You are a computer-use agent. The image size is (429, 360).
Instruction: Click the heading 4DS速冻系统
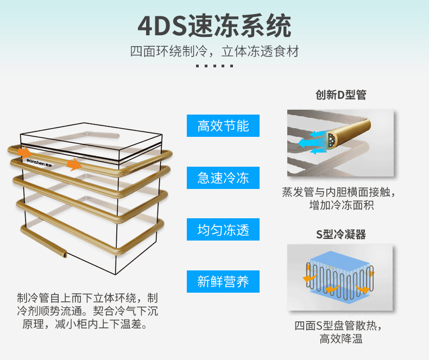tap(214, 26)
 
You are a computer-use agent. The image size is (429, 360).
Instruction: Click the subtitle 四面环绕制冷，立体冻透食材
tap(214, 52)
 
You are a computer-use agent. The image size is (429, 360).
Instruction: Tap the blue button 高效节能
tap(223, 126)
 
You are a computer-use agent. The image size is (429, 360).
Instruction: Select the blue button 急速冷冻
tap(223, 178)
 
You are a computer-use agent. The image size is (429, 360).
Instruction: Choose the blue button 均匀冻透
tap(223, 230)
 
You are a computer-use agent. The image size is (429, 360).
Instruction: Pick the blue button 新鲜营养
tap(223, 281)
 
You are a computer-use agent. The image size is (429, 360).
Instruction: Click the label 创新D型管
tap(341, 95)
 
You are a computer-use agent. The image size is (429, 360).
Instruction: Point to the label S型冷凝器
tap(341, 235)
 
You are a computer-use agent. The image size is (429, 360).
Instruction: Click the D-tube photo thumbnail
tap(340, 143)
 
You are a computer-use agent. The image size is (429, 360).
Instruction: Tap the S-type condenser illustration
tap(340, 277)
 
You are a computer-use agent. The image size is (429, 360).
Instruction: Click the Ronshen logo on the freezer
tap(39, 161)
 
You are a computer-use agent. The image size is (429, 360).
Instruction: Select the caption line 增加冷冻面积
tap(341, 205)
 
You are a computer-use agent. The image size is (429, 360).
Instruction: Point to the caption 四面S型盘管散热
tap(341, 326)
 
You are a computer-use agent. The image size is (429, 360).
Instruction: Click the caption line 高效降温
tap(341, 339)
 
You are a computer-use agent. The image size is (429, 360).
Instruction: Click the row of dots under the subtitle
tap(214, 66)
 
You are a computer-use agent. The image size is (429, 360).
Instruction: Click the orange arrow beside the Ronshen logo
tap(23, 151)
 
